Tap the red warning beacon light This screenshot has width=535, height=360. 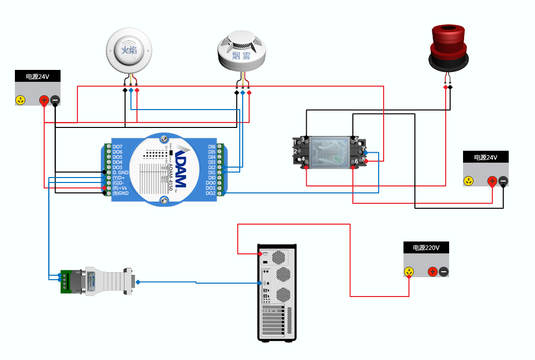pos(448,47)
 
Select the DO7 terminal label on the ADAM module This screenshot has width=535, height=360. pos(118,147)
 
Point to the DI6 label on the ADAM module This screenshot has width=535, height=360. pos(211,147)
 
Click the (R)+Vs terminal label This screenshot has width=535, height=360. pos(120,188)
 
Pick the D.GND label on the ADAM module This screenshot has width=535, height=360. pos(120,173)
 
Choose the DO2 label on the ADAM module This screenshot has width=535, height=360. pos(211,193)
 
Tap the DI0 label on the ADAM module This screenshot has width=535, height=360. pos(212,178)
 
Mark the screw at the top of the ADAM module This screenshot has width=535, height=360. pos(163,139)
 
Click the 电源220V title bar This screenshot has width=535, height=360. pos(426,248)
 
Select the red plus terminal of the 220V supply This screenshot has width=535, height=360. pos(433,272)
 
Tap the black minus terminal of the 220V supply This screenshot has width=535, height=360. pos(444,272)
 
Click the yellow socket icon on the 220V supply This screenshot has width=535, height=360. pos(409,272)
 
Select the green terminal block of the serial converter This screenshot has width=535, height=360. pos(66,282)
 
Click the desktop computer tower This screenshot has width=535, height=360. pos(277,293)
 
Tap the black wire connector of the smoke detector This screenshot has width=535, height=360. pos(237,93)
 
